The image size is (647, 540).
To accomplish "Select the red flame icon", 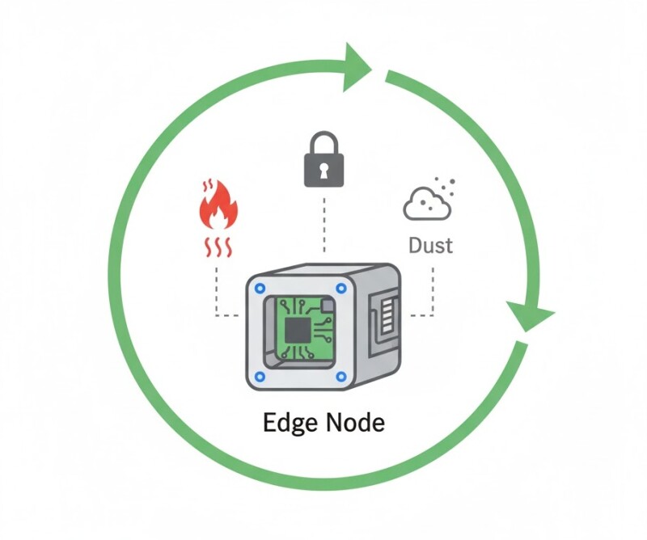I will pos(218,205).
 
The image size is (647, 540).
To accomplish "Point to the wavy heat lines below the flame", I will pos(218,245).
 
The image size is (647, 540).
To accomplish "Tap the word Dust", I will pos(429,243).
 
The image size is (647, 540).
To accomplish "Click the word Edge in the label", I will pos(290,423).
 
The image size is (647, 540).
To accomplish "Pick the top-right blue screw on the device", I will pos(340,288).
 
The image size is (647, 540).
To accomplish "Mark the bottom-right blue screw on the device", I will pos(340,376).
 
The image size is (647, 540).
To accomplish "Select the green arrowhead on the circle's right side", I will pos(529,315).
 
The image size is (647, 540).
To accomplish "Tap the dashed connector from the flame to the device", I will pos(218,291).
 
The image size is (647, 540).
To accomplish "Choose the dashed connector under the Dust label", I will pos(429,291).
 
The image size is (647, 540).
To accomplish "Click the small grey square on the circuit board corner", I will pos(327,305).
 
